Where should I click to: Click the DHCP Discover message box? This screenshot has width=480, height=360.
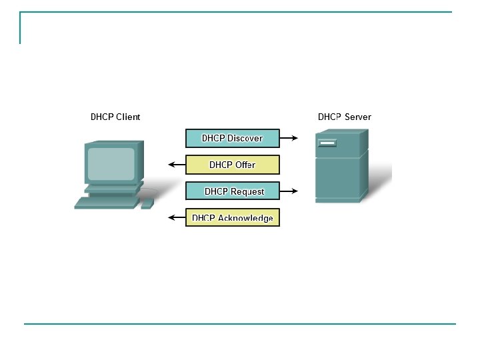pos(232,138)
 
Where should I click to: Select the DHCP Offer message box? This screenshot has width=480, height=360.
pos(232,165)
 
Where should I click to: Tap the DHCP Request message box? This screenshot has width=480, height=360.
pos(232,191)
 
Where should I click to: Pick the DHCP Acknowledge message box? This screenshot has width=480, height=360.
pos(232,218)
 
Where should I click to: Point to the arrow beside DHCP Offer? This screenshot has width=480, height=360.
pos(176,165)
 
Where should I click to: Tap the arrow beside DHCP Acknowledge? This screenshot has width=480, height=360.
pos(176,218)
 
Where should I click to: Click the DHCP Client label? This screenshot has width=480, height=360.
pos(115,117)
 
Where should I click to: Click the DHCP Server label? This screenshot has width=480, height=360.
pos(344,117)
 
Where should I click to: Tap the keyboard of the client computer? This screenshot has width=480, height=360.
pos(107,202)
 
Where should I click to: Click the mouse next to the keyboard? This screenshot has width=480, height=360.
pos(147,203)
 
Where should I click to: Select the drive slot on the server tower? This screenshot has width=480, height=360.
pos(327,143)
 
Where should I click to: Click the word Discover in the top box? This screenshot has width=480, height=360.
pos(245,138)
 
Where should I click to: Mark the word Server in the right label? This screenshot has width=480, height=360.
pos(358,117)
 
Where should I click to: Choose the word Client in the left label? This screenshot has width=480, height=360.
pos(128,117)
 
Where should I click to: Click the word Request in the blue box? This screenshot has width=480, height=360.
pos(247,191)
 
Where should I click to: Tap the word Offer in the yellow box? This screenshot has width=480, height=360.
pos(245,165)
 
